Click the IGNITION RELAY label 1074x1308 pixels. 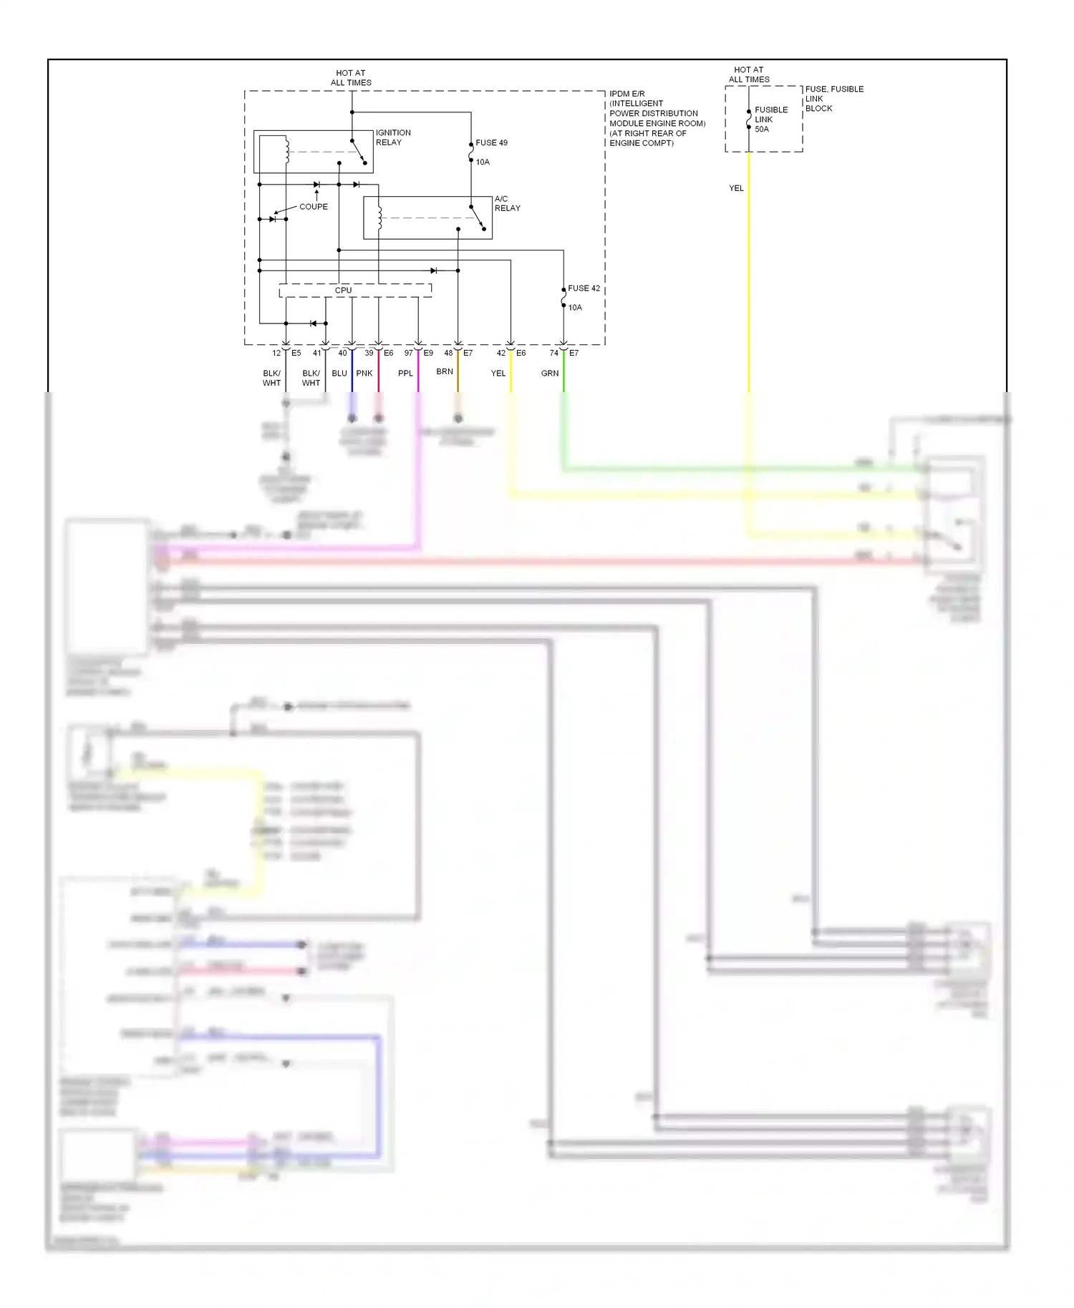393,137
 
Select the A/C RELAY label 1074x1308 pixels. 507,203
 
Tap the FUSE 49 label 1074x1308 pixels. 491,143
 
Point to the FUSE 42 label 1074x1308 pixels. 584,288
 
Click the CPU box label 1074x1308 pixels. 343,291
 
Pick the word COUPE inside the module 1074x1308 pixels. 314,207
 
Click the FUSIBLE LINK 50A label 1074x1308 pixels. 770,119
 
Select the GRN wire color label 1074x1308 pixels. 550,374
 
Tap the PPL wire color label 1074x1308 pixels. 405,374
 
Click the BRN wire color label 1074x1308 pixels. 445,372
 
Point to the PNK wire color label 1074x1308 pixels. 364,374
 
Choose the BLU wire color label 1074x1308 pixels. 339,374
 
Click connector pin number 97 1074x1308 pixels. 409,353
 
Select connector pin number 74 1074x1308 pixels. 554,353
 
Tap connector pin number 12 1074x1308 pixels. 276,353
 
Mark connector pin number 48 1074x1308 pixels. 448,353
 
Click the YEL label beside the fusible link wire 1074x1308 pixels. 736,188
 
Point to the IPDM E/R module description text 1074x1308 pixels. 656,118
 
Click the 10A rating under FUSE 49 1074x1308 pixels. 483,162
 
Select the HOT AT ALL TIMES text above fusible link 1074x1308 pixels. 749,74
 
